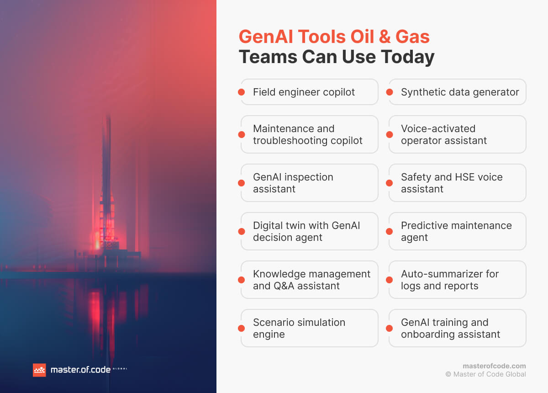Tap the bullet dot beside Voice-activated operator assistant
pyautogui.click(x=390, y=134)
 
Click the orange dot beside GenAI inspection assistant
pyautogui.click(x=242, y=183)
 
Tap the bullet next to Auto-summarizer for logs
pyautogui.click(x=390, y=280)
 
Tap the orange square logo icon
pyautogui.click(x=39, y=370)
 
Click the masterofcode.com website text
pyautogui.click(x=494, y=366)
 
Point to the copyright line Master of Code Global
pyautogui.click(x=486, y=374)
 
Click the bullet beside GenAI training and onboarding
pyautogui.click(x=390, y=328)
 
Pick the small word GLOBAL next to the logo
pyautogui.click(x=120, y=369)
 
